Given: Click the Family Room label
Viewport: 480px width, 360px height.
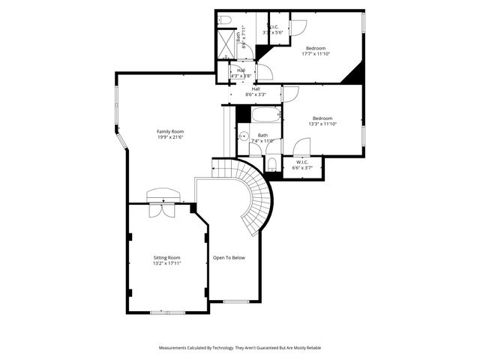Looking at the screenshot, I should (x=170, y=131).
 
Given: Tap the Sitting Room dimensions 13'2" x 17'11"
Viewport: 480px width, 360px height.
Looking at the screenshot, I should (x=166, y=263).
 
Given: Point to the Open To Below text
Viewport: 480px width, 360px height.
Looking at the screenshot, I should (x=229, y=257).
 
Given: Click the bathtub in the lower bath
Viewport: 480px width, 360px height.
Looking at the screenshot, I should (x=265, y=115).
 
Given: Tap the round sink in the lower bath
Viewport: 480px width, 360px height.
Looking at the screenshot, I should (x=243, y=136).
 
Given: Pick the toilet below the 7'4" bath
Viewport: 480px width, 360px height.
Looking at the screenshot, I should (x=271, y=163).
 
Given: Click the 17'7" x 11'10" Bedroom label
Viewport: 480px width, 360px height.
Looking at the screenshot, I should (x=316, y=50).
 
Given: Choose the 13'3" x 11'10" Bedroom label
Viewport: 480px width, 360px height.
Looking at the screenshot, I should (x=322, y=121).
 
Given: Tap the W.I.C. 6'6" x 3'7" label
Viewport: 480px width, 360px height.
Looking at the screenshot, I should (x=302, y=165).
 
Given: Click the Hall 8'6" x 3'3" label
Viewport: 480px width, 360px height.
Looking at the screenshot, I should (x=256, y=91).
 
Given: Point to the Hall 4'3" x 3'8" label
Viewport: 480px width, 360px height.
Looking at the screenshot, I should (x=240, y=73).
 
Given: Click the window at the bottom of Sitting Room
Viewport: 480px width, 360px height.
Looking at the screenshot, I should (x=166, y=312).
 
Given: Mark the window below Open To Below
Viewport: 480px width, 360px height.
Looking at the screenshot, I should (x=235, y=301).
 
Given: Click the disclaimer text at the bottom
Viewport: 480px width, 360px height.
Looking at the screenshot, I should (x=239, y=348).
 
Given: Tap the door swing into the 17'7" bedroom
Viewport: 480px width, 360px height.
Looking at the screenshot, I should (x=298, y=27).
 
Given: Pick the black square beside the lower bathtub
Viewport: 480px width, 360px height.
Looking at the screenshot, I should (x=243, y=114).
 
